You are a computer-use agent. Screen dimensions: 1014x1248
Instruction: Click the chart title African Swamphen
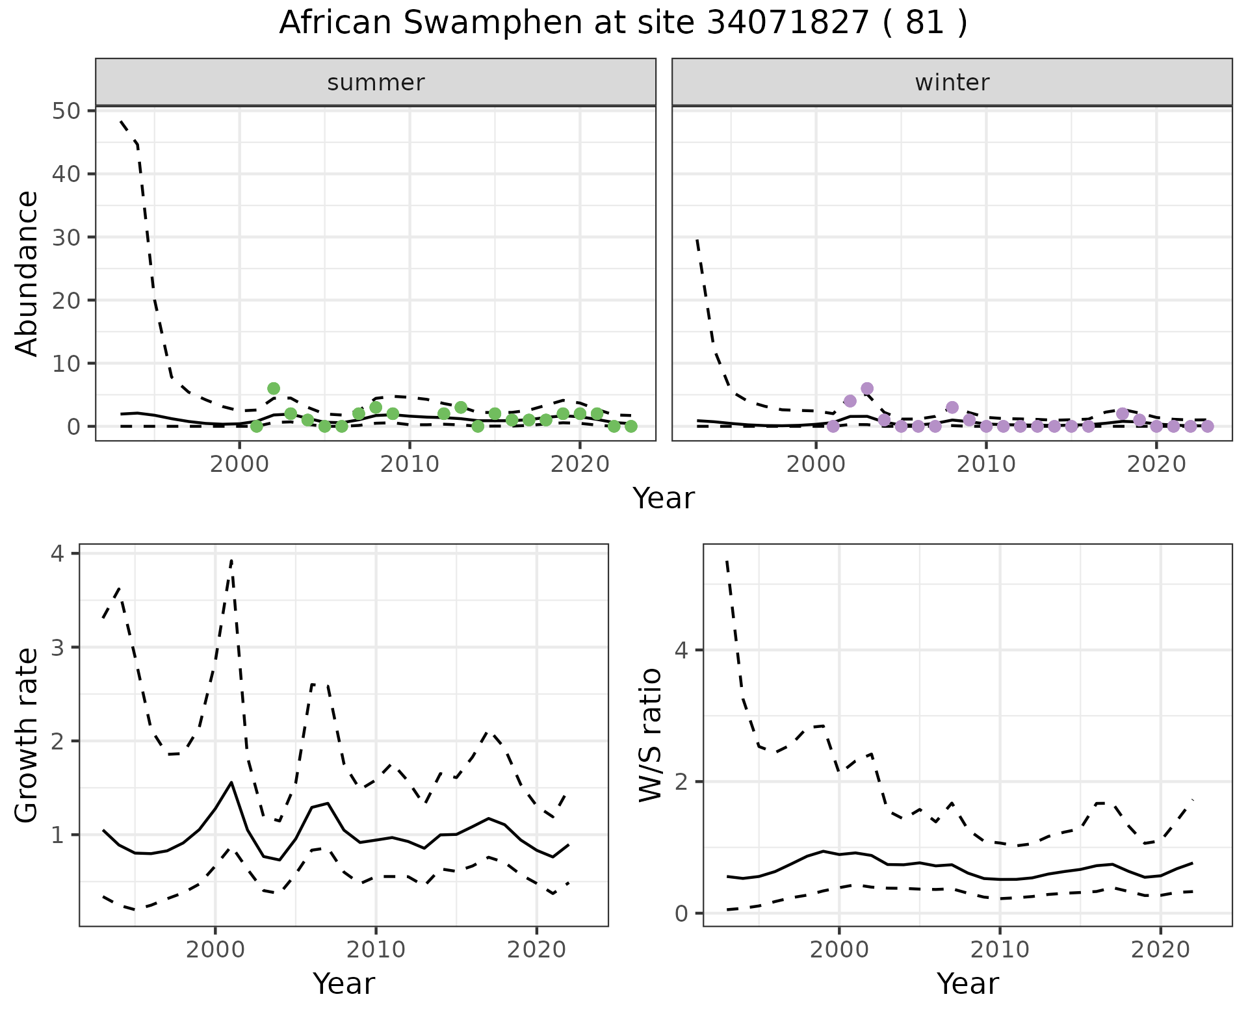pyautogui.click(x=623, y=23)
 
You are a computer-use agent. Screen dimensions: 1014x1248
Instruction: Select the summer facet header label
pyautogui.click(x=376, y=83)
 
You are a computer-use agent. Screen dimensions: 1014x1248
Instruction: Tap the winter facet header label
pyautogui.click(x=952, y=83)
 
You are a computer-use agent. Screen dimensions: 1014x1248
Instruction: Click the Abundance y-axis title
pyautogui.click(x=27, y=273)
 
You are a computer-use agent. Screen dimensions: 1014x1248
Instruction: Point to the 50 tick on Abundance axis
pyautogui.click(x=65, y=110)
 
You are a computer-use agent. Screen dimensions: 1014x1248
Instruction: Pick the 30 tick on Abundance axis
pyautogui.click(x=65, y=237)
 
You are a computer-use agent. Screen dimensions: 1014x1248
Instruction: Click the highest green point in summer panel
pyautogui.click(x=274, y=389)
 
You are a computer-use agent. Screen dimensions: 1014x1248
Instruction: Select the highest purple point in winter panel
pyautogui.click(x=867, y=389)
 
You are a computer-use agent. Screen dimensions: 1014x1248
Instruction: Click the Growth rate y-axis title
pyautogui.click(x=27, y=736)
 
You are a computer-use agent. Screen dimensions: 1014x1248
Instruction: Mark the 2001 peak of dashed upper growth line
pyautogui.click(x=231, y=560)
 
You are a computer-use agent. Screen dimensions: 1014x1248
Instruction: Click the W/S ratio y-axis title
pyautogui.click(x=651, y=736)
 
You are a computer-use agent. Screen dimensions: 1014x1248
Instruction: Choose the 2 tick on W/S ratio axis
pyautogui.click(x=681, y=781)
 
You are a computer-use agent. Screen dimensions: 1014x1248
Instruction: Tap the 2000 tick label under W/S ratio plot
pyautogui.click(x=838, y=950)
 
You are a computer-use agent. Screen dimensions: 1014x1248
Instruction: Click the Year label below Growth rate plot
pyautogui.click(x=343, y=983)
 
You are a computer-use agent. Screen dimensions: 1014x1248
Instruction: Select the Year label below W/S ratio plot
pyautogui.click(x=967, y=983)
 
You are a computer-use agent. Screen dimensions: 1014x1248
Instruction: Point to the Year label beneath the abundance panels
pyautogui.click(x=663, y=499)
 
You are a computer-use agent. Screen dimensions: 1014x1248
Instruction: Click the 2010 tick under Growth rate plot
pyautogui.click(x=375, y=950)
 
